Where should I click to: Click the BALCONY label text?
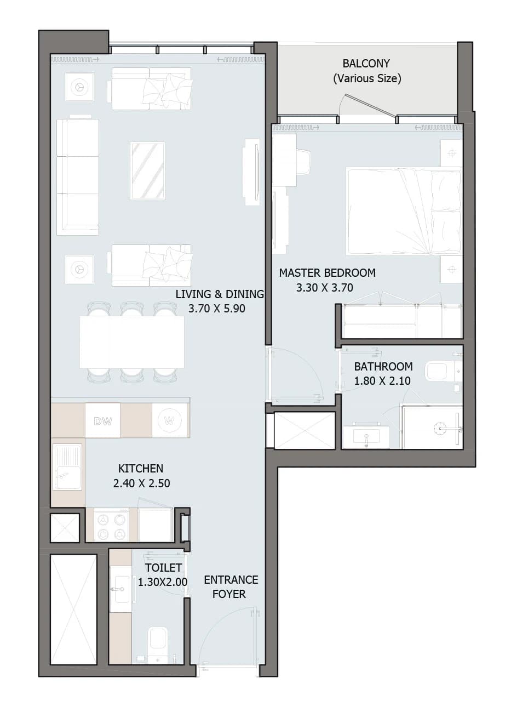pos(366,64)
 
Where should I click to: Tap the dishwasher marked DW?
pos(102,420)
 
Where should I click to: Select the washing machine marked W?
pos(169,420)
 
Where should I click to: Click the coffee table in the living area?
pos(147,170)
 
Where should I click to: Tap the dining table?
pos(132,341)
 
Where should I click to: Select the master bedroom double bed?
pos(404,211)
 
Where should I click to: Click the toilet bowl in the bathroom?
pos(439,371)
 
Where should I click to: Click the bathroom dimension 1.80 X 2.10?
pos(382,381)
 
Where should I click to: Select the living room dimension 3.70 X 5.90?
pos(216,309)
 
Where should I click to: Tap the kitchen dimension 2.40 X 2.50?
pos(142,483)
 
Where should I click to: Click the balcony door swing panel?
pos(371,105)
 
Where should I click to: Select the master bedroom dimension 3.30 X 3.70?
pos(325,288)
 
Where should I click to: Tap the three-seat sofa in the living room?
pos(78,177)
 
